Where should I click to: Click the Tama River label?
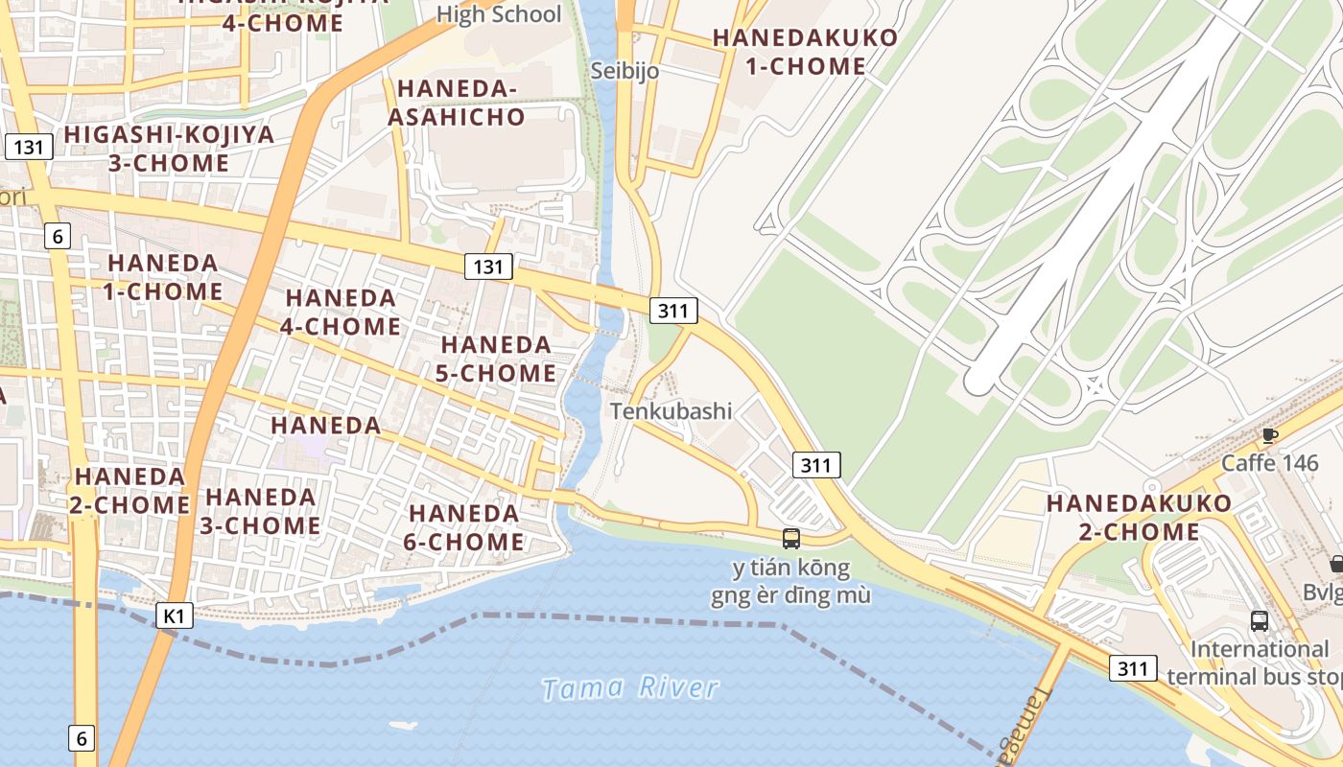[629, 687]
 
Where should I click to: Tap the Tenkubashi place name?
[671, 411]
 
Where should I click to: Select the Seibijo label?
[624, 70]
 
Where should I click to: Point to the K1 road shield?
[174, 615]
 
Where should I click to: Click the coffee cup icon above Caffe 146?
[1270, 436]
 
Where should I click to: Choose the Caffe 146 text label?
[1269, 463]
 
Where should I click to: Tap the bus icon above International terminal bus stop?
[1260, 620]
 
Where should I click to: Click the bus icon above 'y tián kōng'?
[791, 539]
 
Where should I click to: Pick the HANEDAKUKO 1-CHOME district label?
[805, 52]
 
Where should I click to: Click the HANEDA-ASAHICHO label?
[460, 103]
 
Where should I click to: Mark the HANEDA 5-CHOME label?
[496, 359]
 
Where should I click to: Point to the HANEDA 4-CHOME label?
[341, 313]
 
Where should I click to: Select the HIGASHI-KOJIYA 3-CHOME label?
[169, 149]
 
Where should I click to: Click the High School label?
[499, 14]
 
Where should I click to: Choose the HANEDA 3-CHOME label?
[261, 511]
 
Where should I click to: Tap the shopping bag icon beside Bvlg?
[1336, 564]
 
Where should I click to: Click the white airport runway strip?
[1103, 201]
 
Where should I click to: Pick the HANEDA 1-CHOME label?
[163, 277]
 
